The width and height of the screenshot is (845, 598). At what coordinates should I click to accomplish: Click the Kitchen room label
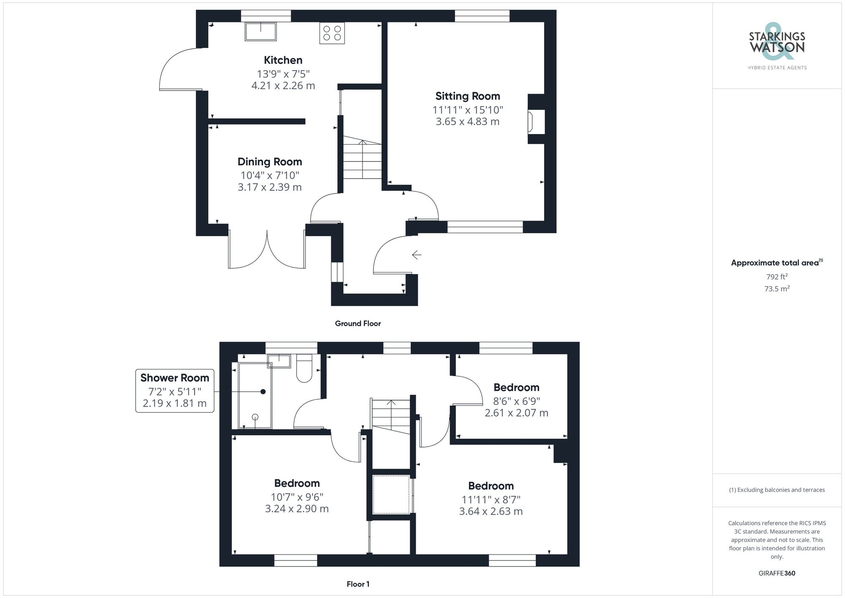coord(283,60)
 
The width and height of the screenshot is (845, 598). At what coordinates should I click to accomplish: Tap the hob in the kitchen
coord(332,33)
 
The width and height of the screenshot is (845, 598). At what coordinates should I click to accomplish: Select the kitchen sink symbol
coord(261,32)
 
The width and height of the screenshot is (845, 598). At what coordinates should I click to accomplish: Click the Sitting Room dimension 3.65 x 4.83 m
coord(467,122)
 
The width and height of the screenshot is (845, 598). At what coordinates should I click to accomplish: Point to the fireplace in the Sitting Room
coord(531,122)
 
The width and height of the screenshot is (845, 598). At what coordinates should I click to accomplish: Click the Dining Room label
coord(270,162)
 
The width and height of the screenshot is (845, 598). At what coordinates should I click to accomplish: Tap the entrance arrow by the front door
coord(417,255)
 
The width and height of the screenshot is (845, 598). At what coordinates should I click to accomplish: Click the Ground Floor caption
coord(358,324)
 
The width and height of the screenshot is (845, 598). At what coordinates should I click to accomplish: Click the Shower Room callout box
coord(174,390)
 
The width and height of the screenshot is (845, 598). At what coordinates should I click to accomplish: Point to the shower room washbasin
coord(279,361)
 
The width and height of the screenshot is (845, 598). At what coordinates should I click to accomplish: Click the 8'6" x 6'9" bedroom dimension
coord(516,401)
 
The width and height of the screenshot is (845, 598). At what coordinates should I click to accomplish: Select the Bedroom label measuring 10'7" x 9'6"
coord(297,483)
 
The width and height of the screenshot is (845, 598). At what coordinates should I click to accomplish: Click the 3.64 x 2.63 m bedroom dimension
coord(491,511)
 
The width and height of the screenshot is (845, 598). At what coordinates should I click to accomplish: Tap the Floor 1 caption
coord(358,584)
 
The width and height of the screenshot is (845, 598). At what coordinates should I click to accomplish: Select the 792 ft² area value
coord(777,277)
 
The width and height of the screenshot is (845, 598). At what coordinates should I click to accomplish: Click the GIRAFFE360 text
coord(777,573)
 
